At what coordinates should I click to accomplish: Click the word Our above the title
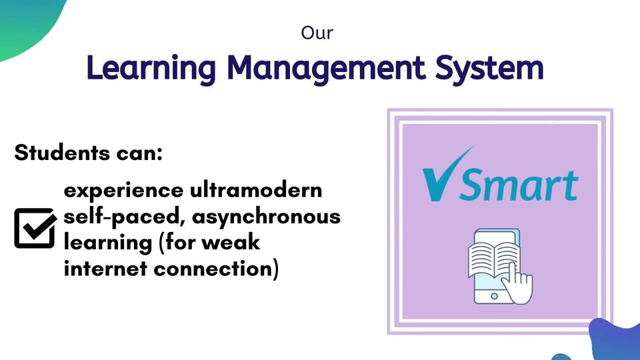click(317, 33)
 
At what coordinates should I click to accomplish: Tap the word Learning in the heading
click(151, 69)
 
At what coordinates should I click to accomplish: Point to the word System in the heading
click(489, 69)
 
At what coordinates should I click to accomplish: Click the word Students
click(62, 153)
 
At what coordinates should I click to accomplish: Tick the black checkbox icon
click(35, 228)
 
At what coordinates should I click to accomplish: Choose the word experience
click(124, 191)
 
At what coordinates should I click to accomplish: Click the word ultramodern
click(256, 190)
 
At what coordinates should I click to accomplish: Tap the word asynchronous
click(266, 217)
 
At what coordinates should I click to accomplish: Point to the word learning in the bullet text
click(108, 243)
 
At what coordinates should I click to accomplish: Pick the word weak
click(231, 242)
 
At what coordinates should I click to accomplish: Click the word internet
click(105, 269)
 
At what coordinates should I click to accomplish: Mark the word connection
click(216, 269)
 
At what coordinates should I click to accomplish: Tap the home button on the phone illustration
click(494, 296)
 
